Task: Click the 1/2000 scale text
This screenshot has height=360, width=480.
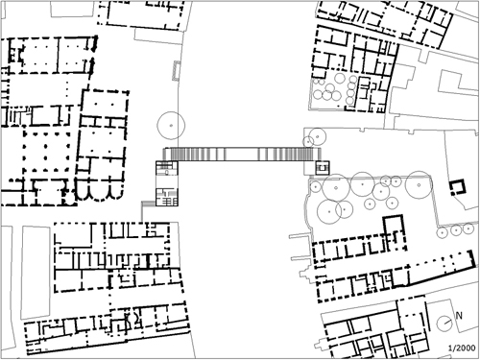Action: (462, 348)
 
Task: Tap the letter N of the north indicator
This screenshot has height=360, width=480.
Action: (459, 316)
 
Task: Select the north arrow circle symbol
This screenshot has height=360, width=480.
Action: (444, 324)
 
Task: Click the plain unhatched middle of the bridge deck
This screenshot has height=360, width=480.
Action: (242, 154)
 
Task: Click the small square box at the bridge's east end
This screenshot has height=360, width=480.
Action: (322, 168)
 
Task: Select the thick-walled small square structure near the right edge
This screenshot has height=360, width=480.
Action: (458, 188)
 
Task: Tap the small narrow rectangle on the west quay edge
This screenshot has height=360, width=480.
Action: (176, 70)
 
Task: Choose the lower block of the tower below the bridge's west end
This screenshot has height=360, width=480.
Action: (166, 197)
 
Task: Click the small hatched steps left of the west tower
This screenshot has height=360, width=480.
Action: (148, 204)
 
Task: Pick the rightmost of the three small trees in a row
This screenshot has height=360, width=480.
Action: (468, 228)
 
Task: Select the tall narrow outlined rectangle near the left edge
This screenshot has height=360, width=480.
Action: (36, 272)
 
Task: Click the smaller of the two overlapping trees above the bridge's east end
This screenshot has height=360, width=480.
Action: (308, 141)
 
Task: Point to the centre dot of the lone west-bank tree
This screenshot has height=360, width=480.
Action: (171, 126)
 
